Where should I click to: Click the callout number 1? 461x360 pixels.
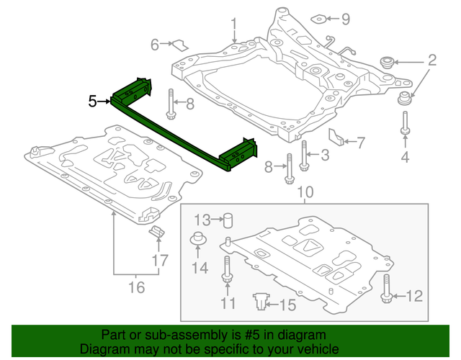[234, 28]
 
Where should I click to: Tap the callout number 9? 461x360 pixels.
[344, 18]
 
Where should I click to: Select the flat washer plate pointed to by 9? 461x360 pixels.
[318, 19]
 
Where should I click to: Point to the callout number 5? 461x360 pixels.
[92, 101]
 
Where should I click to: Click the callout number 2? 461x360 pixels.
[432, 59]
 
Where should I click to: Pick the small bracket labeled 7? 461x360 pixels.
[337, 136]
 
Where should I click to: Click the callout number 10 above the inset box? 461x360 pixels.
[305, 192]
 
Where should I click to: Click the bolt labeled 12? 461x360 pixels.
[388, 289]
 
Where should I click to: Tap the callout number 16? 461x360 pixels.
[135, 288]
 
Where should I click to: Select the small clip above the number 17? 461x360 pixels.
[156, 232]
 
